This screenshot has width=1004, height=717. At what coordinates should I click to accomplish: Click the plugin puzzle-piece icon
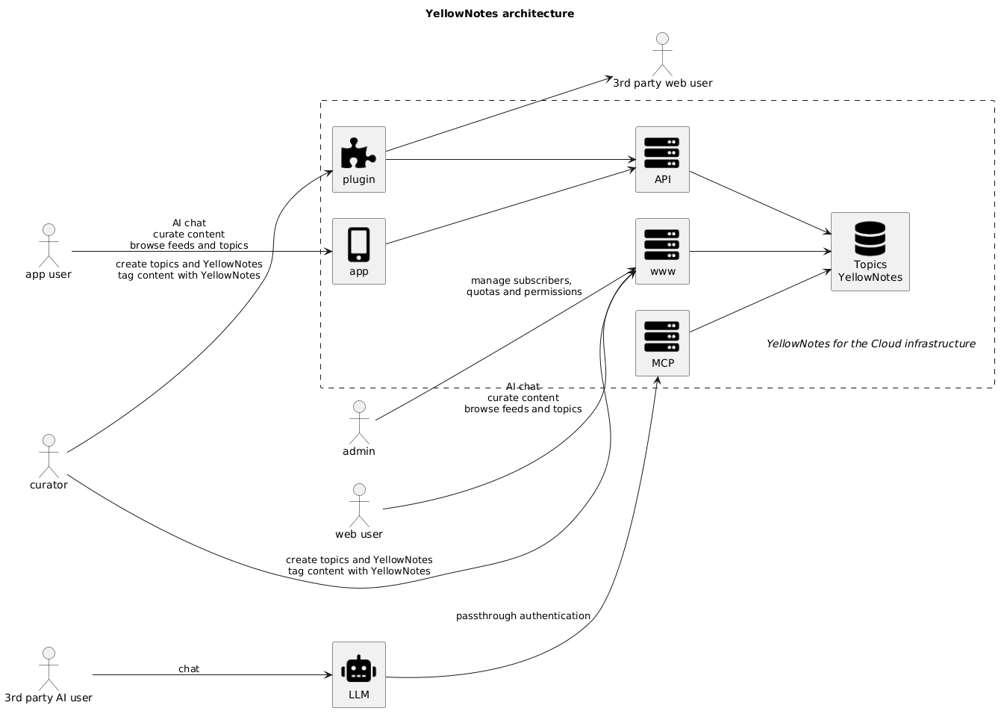358,152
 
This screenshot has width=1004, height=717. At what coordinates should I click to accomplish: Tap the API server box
662,159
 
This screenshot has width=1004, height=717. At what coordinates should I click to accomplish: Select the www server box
662,251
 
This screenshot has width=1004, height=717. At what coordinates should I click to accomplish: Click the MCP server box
662,343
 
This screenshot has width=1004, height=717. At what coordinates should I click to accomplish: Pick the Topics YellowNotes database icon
870,238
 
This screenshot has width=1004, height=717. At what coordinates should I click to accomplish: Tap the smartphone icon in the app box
358,244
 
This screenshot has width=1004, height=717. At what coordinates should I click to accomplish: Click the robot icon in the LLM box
358,668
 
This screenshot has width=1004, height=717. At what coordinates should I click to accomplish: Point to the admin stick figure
359,423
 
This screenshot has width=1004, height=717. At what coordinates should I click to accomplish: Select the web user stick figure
359,506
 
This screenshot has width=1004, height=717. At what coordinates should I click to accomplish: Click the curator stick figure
49,456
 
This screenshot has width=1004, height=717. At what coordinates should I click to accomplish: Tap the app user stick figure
49,245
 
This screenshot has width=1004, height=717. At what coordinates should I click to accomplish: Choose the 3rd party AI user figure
49,668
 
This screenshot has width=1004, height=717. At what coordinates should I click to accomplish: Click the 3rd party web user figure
662,55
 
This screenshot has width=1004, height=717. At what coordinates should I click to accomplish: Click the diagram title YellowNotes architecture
499,13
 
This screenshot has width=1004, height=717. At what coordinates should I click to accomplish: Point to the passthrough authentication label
523,615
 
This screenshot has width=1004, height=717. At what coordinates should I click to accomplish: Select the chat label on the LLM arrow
189,668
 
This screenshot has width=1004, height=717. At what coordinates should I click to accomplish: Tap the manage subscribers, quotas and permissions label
523,286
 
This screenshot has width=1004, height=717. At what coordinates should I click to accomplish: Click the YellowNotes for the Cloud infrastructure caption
870,344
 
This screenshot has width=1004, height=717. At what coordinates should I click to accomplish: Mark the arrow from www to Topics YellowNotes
760,251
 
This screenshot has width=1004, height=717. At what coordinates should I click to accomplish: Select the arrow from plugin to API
511,159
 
